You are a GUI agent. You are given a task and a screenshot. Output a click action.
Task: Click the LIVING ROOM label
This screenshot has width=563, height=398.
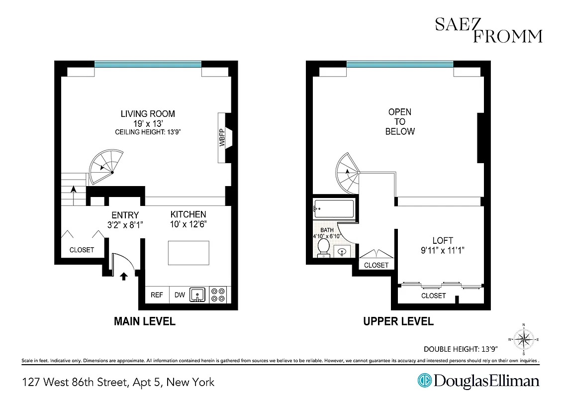point(148,114)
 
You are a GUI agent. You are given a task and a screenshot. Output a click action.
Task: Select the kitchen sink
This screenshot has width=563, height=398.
point(197,295)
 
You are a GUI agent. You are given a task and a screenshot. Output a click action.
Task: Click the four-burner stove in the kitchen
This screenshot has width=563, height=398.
point(218,295)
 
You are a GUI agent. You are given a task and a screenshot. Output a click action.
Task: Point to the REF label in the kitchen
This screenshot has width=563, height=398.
point(157,295)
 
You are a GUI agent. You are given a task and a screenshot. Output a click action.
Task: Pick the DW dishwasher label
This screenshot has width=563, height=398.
point(180,295)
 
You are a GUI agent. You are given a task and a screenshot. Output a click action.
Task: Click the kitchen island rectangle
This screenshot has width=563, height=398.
point(188,253)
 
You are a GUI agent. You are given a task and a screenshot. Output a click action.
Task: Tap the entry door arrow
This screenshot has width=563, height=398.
point(123,275)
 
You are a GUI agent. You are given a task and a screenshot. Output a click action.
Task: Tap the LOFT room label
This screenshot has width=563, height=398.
point(442,241)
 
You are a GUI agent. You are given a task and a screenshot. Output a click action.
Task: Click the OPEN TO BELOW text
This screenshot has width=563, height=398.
point(400,122)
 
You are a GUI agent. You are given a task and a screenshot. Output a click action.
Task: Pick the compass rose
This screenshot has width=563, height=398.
point(523,340)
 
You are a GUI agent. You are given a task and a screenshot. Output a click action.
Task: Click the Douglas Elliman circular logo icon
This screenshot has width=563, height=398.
point(425,381)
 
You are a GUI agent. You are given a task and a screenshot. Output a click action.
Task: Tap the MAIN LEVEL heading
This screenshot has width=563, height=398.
point(145,321)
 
